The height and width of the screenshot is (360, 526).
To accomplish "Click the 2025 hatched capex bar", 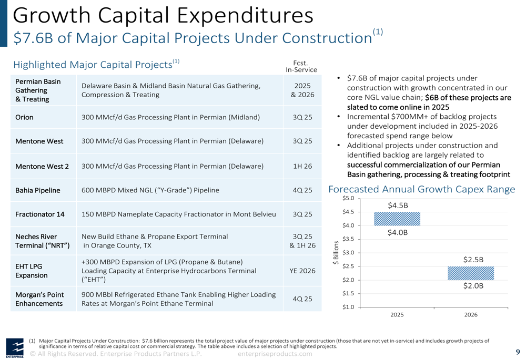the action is point(397,219).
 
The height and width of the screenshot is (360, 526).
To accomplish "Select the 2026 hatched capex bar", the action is point(471,273).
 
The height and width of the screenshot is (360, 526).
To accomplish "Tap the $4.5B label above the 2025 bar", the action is point(398,205).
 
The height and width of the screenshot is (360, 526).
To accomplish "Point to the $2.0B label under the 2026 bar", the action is point(473,285).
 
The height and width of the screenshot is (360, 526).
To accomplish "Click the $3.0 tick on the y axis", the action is point(348,252).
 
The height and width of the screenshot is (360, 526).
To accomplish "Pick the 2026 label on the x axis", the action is point(471,315).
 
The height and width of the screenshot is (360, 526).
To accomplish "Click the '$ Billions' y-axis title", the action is point(336,253).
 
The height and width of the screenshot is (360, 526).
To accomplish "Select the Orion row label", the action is point(24,117).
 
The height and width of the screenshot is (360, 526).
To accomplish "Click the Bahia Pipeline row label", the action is point(37,190).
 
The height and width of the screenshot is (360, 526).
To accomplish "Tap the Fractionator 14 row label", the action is point(39,214).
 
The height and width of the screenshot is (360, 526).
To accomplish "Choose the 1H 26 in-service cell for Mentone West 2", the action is point(302,166).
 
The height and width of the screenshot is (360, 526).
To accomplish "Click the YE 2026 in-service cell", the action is point(302,271).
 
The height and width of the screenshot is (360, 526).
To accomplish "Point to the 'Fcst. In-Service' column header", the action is point(301,66).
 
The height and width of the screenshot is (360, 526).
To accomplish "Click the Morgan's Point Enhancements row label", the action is point(39,299).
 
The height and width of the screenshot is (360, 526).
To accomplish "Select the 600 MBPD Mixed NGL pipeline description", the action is point(150,190).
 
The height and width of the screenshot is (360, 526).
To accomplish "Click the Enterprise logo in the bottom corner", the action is point(15,348).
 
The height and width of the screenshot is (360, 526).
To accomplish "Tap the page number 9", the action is point(518,352).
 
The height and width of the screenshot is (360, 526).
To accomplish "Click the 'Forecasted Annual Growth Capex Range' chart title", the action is point(422,189).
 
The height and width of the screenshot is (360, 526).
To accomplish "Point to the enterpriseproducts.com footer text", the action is point(275,354).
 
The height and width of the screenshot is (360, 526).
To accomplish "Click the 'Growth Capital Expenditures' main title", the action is point(163,15).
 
